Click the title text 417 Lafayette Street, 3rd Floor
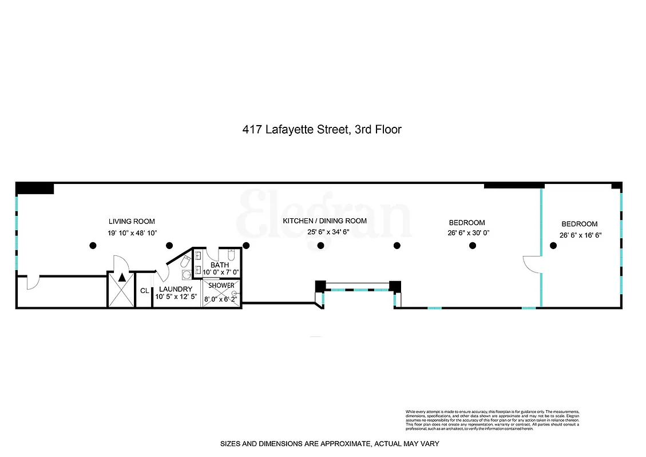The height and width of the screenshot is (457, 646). (x=323, y=130)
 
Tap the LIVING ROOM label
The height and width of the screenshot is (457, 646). (x=132, y=222)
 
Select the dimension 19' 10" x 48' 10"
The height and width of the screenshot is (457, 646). (x=132, y=233)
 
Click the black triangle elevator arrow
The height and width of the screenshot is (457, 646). (x=122, y=278)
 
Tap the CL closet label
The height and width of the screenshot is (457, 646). (x=144, y=291)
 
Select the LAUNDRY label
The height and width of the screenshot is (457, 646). (x=176, y=289)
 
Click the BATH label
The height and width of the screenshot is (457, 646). (x=219, y=265)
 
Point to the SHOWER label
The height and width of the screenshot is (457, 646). (x=221, y=285)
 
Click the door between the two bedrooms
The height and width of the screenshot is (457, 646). (x=532, y=264)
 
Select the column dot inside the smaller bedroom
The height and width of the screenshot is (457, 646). (x=553, y=246)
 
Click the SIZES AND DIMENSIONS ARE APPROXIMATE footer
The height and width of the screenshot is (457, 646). (x=330, y=444)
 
